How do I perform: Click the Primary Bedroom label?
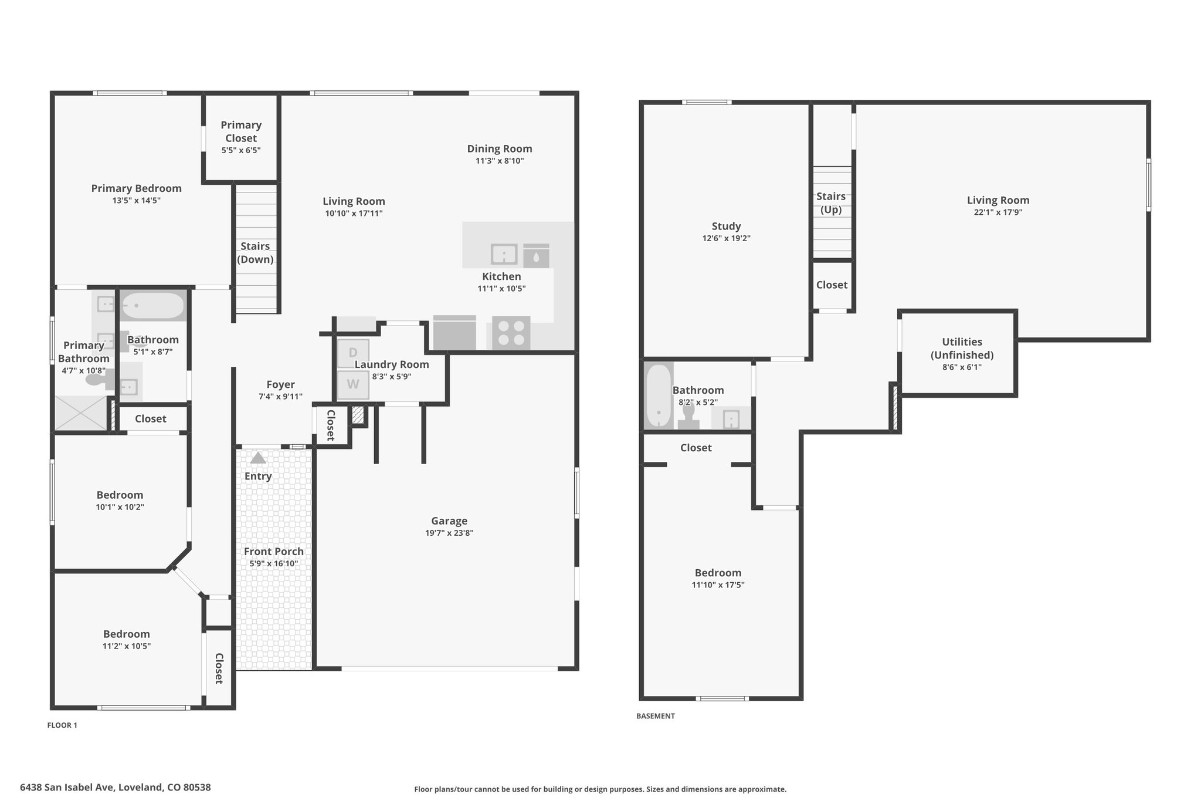(x=136, y=188)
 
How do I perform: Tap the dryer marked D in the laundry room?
(x=353, y=353)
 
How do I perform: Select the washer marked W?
(x=353, y=385)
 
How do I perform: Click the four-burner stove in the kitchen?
(x=511, y=333)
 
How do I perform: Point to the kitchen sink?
(x=504, y=255)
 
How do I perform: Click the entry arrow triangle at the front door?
(x=258, y=458)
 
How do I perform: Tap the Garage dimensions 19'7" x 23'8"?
(x=449, y=533)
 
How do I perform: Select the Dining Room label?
(x=500, y=149)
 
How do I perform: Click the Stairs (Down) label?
(x=255, y=253)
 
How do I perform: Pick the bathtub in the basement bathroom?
(x=659, y=396)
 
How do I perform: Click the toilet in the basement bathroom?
(x=688, y=415)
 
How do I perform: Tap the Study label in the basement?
(x=727, y=227)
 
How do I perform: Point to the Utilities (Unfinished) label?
(x=962, y=349)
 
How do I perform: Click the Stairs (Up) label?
(x=831, y=203)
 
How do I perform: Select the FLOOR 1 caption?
(x=62, y=725)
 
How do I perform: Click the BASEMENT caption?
(x=656, y=716)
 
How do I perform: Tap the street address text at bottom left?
(x=116, y=788)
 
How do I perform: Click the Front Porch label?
(x=274, y=552)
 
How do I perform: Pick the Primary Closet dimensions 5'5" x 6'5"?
(x=241, y=150)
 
